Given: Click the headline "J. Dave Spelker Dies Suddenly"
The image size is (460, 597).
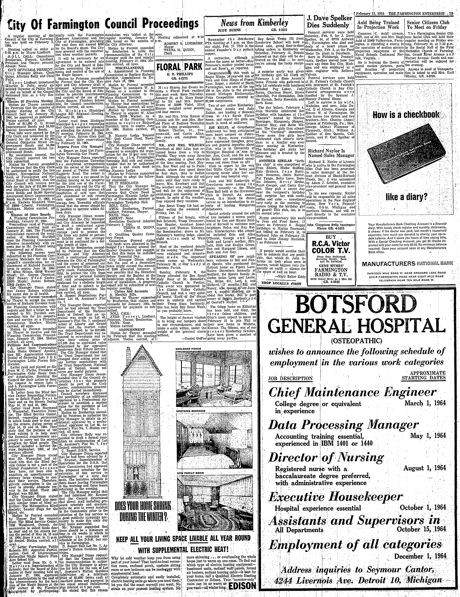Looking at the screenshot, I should click(328, 21).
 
